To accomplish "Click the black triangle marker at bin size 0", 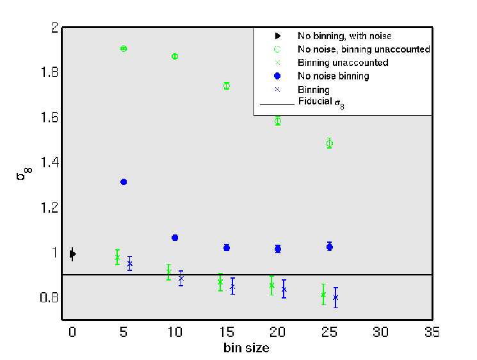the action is (x=73, y=254).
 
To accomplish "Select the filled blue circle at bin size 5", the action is (x=124, y=182).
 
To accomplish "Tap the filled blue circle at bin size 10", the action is (x=175, y=238).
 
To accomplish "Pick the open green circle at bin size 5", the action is (x=124, y=49).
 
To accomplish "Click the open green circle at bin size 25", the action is (x=330, y=143).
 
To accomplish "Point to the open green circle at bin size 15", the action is (x=227, y=86).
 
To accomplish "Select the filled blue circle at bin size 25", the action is (x=330, y=247).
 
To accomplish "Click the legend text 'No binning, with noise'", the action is (x=344, y=36).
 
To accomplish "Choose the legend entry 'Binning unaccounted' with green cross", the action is (x=343, y=63).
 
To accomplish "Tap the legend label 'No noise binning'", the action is (x=334, y=76).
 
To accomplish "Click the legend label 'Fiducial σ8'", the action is (x=321, y=102).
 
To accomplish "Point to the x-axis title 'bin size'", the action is (x=247, y=348).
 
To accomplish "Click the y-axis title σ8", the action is (x=24, y=174).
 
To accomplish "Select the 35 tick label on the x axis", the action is (x=432, y=332).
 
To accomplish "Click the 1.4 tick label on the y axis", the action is (x=49, y=162).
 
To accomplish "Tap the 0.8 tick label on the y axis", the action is (x=49, y=297).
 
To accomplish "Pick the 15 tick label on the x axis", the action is (x=227, y=332).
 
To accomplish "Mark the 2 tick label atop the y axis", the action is (x=55, y=28).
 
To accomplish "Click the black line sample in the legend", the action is (x=277, y=104).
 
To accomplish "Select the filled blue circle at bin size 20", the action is (x=278, y=249).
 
